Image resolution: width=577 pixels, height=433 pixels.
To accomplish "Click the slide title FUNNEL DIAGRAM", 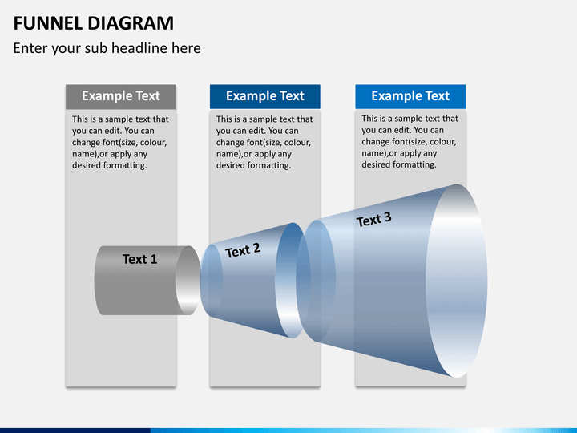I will point(93,22).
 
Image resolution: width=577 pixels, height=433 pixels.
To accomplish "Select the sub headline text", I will point(107,48).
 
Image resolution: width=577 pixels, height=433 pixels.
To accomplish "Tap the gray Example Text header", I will point(120,96).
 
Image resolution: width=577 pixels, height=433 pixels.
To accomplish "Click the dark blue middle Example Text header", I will point(264,96).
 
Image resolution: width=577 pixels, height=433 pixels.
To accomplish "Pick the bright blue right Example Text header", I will point(410,96).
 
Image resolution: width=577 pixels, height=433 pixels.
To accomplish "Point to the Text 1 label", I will point(139,259).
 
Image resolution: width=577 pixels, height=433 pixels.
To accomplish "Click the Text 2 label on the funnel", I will point(243,251).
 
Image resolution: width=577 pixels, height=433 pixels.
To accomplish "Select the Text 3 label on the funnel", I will point(373,219).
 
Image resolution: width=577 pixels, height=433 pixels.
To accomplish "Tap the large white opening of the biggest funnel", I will point(456,281).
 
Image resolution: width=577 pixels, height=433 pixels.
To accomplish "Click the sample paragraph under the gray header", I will point(120,142).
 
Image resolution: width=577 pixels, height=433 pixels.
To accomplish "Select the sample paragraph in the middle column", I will point(264,142).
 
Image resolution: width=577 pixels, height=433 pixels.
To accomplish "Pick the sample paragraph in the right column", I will point(410,141).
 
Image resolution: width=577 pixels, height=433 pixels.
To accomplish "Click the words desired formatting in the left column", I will point(109,165).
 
